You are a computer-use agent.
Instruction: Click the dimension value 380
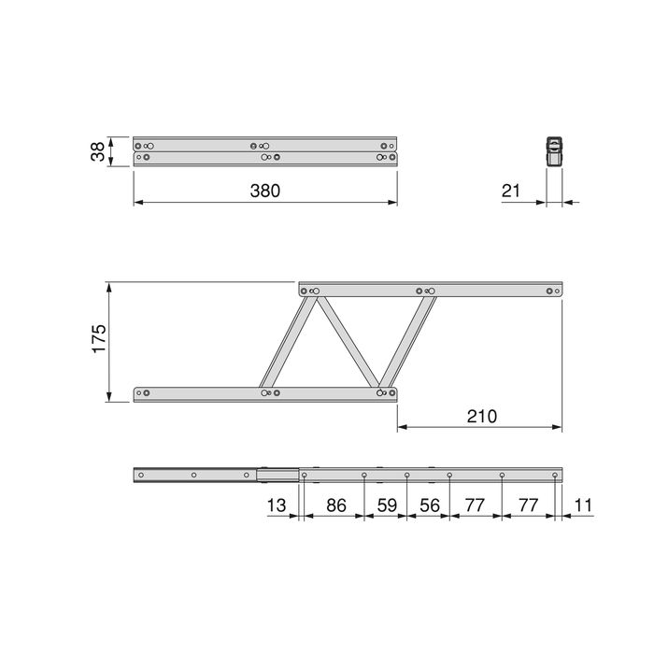click(265, 191)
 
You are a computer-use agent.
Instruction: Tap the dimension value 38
click(96, 152)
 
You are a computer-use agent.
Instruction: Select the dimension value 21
click(510, 191)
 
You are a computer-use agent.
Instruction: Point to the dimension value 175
click(99, 341)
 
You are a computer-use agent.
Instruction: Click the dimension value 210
click(482, 416)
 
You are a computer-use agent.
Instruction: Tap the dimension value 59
click(385, 507)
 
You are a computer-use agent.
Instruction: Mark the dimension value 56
click(428, 507)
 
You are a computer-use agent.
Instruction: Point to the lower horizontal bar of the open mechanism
click(206, 393)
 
